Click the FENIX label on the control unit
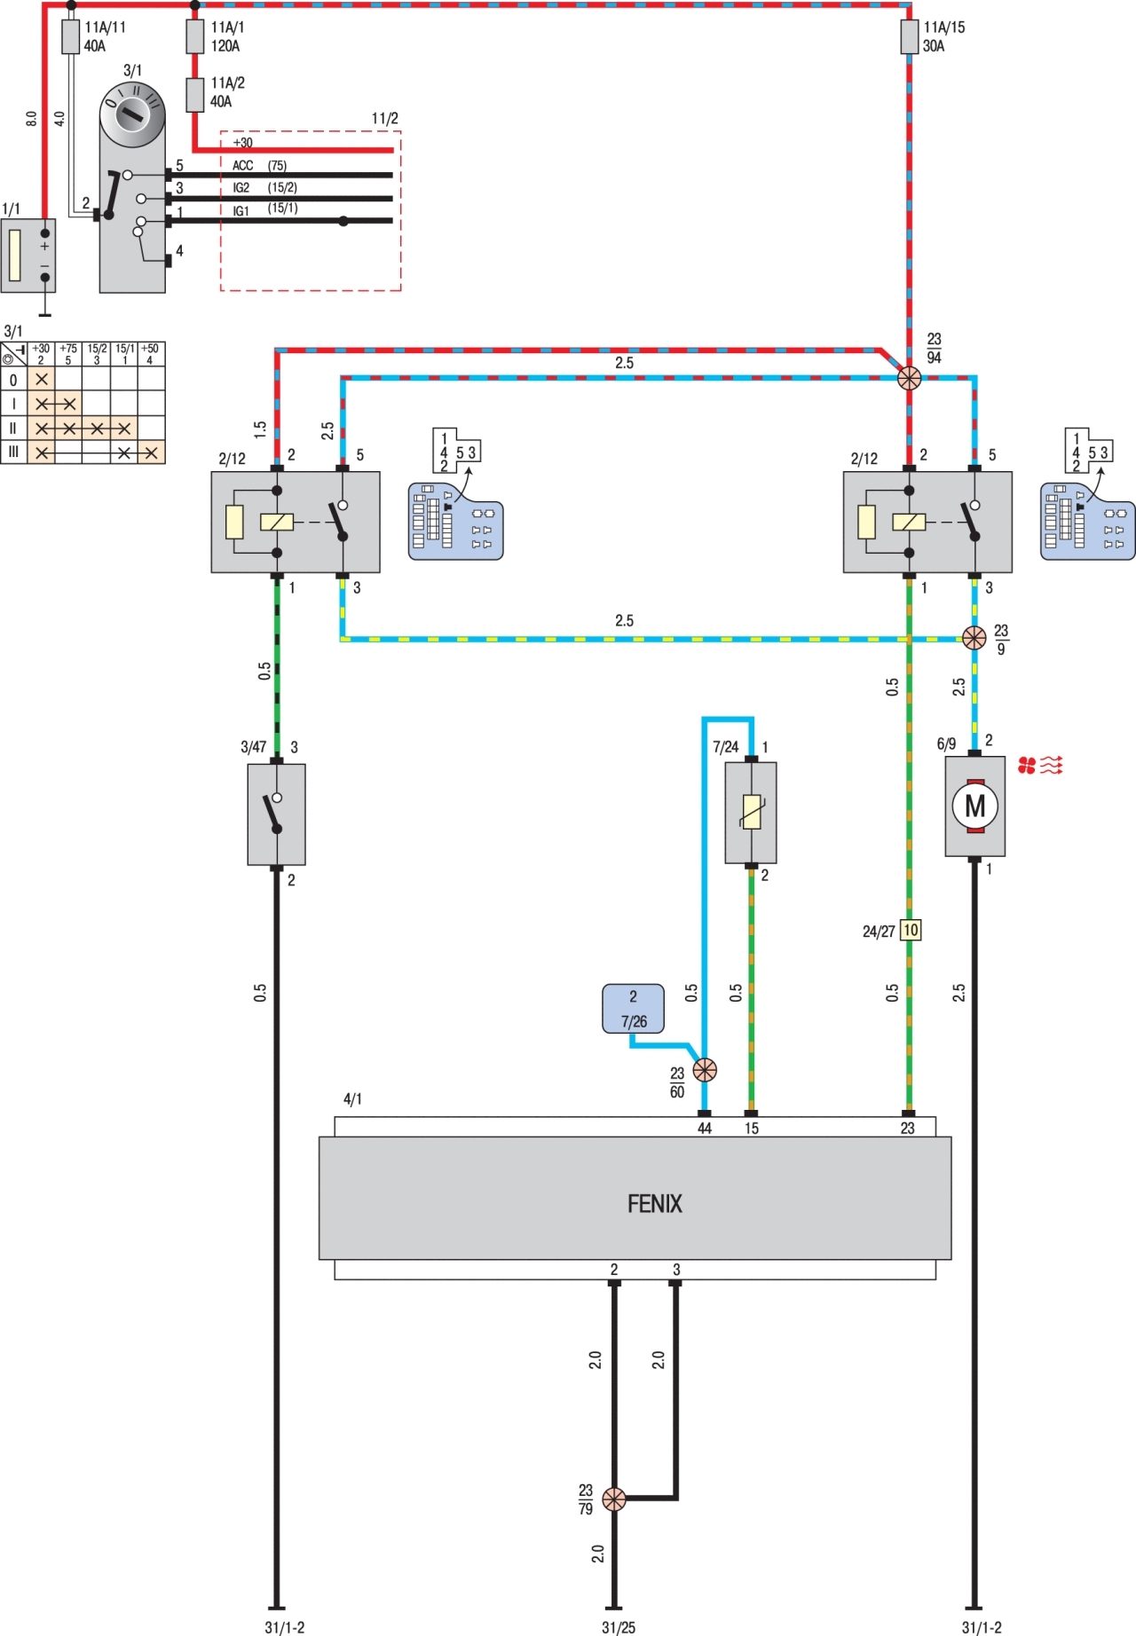pos(655,1204)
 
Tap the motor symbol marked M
pos(974,806)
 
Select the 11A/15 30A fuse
pos(909,37)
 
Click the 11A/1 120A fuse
pos(195,37)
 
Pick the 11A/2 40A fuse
pos(195,94)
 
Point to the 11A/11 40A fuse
pos(71,37)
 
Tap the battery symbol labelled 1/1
pos(28,256)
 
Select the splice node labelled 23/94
pos(909,379)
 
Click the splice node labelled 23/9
pos(974,638)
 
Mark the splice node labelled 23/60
pos(705,1070)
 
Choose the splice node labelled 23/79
pos(614,1499)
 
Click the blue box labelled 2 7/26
pos(633,1009)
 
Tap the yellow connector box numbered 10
pos(911,930)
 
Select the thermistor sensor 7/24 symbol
pos(751,813)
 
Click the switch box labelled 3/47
pos(276,814)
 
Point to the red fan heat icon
pos(1040,765)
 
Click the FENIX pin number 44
pos(705,1129)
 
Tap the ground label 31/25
pos(619,1627)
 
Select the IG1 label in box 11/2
pos(241,211)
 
